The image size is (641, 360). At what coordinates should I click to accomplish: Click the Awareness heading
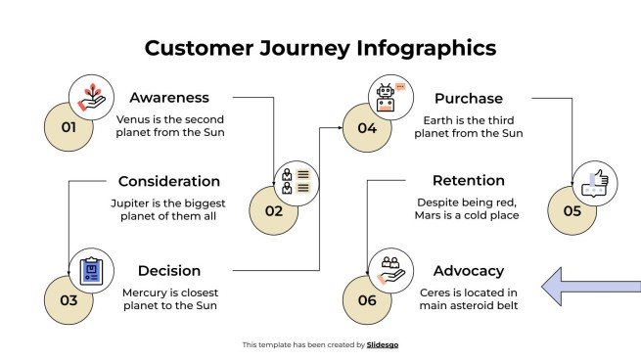[169, 98]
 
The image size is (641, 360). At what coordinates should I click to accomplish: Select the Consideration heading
[169, 181]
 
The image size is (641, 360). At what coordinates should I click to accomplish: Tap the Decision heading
[169, 271]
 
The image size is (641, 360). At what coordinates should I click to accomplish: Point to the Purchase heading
[468, 98]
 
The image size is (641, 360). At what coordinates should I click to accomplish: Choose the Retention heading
[468, 181]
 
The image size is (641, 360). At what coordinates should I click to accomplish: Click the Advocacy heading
[468, 271]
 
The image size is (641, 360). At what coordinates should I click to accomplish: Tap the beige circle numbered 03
[67, 300]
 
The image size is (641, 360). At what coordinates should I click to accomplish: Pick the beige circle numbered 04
[365, 129]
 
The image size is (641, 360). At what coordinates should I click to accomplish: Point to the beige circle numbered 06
[365, 300]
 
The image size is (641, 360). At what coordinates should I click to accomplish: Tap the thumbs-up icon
[594, 183]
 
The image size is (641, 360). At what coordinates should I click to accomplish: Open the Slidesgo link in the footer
[383, 344]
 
